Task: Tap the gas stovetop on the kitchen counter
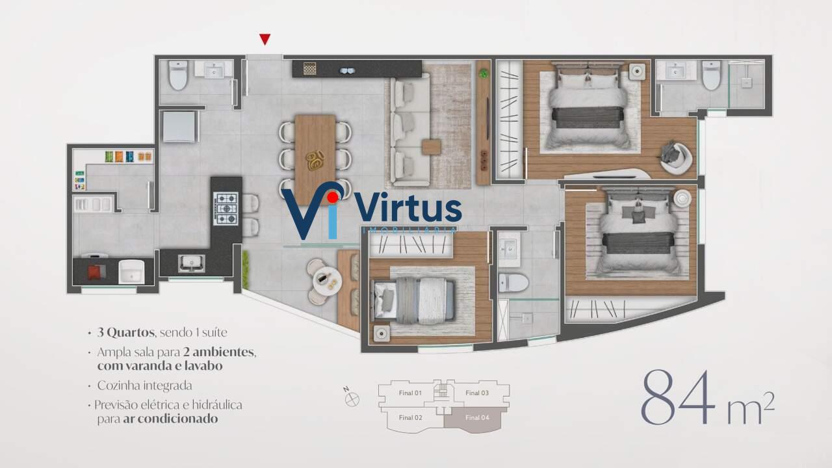(x=226, y=209)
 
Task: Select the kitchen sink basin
(x=191, y=263)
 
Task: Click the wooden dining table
(x=315, y=160)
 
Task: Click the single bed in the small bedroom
(x=413, y=300)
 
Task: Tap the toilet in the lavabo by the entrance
(x=179, y=76)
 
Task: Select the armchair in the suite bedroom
(x=677, y=157)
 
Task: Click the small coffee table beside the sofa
(x=431, y=147)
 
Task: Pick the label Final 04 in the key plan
(x=477, y=417)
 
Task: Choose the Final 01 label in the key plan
(x=410, y=393)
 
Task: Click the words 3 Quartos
(x=126, y=332)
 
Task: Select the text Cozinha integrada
(x=144, y=385)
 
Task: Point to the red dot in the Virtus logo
(x=333, y=197)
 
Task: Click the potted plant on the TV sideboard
(x=483, y=73)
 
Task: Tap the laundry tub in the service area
(x=131, y=272)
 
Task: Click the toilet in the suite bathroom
(x=711, y=75)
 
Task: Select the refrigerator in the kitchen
(x=179, y=126)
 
